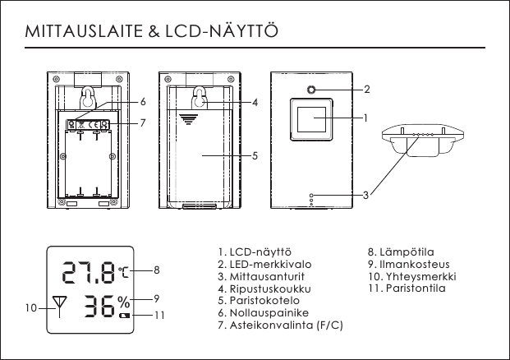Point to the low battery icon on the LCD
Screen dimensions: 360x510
(x=125, y=316)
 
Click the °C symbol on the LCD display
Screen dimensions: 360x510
(x=123, y=270)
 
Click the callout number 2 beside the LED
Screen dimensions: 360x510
(x=366, y=88)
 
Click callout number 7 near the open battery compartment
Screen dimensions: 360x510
(x=143, y=123)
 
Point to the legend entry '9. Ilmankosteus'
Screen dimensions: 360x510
(x=408, y=264)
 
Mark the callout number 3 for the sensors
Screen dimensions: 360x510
(x=365, y=195)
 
